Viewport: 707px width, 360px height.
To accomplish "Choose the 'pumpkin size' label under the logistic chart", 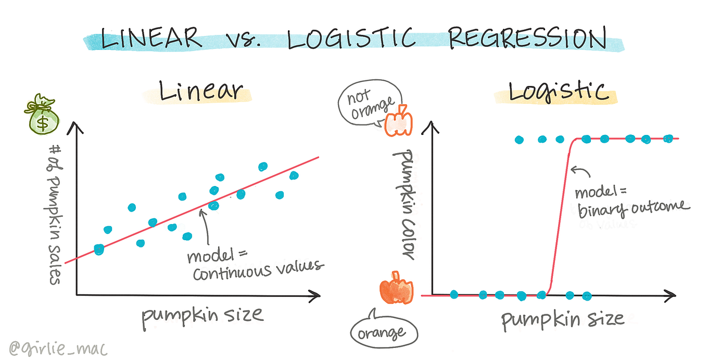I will [x=562, y=319].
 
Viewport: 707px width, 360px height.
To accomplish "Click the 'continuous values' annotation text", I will [x=258, y=270].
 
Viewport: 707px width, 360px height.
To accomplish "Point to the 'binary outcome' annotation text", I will [x=633, y=208].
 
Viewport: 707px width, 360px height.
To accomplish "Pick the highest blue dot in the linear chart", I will [x=263, y=166].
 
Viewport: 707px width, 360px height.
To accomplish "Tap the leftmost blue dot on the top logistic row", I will [x=519, y=139].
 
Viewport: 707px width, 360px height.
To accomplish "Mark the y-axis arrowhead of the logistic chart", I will [x=431, y=126].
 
